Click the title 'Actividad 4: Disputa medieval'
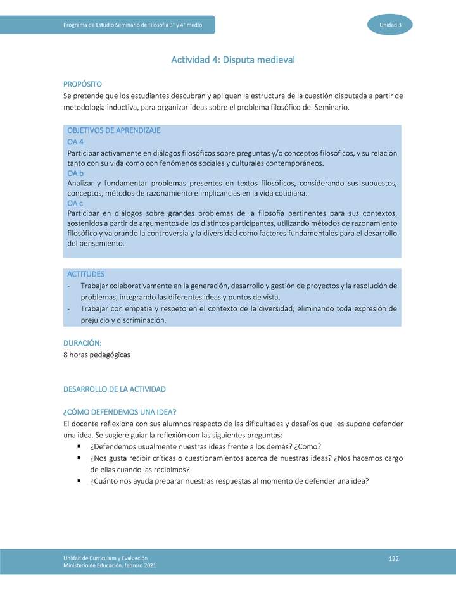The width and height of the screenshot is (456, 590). point(233,60)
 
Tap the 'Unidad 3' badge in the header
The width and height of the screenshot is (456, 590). point(389,25)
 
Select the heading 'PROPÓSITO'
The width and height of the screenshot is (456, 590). point(82,84)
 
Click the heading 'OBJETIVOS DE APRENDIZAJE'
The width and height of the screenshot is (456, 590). point(113,130)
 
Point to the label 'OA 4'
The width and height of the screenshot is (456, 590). point(75,142)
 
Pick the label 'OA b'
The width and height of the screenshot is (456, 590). point(75,173)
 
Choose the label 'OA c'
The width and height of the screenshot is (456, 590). point(75,203)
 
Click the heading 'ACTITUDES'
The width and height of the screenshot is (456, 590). point(85,274)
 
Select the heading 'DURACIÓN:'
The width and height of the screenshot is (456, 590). point(82,342)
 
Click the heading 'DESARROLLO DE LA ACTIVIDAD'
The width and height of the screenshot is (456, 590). point(114,388)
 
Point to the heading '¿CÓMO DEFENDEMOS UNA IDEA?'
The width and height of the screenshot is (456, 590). point(119,412)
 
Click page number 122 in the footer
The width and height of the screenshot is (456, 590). point(394,558)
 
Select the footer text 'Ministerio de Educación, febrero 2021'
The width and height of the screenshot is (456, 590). point(109,565)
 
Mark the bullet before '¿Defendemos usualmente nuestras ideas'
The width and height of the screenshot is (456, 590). point(79,446)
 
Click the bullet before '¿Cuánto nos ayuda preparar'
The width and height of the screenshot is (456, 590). point(79,480)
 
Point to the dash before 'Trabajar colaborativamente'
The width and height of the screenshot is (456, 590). point(68,286)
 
